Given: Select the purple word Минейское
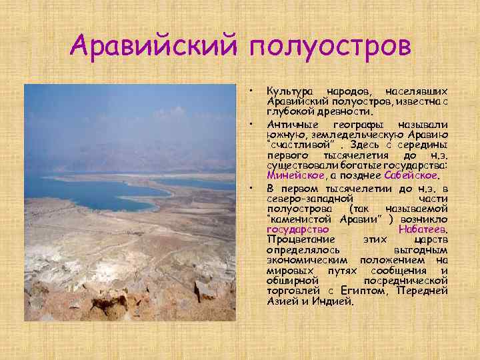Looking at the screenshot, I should point(296,176).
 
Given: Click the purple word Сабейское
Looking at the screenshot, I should point(411,176).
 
